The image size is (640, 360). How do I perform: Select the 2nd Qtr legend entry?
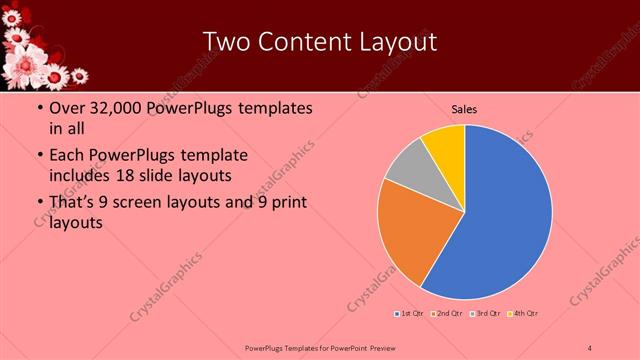tap(447, 314)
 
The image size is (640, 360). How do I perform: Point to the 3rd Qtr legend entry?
tap(487, 314)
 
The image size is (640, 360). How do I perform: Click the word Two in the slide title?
tap(228, 42)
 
